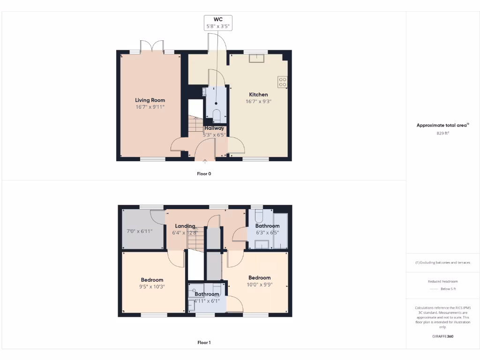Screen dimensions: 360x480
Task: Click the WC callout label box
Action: [217, 23]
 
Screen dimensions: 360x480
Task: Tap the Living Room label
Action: [150, 100]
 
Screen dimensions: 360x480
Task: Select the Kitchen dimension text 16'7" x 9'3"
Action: [258, 101]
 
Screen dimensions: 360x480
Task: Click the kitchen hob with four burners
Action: [283, 82]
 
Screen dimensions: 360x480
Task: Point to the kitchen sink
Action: [256, 58]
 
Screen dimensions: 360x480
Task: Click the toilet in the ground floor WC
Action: [217, 114]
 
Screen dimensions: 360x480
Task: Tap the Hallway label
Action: [214, 128]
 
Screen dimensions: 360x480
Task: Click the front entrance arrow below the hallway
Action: [205, 162]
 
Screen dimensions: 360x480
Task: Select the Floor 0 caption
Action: [204, 173]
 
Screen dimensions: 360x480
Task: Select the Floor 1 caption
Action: [204, 343]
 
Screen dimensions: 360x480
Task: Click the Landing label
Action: [185, 226]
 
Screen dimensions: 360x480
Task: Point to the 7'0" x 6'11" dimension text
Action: [140, 231]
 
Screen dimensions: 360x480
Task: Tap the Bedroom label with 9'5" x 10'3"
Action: [152, 280]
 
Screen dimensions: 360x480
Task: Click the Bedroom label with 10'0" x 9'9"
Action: [259, 277]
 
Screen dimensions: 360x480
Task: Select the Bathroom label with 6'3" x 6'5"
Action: [268, 226]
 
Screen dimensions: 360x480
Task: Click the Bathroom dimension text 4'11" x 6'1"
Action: [207, 301]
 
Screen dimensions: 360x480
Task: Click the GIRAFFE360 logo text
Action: [442, 336]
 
